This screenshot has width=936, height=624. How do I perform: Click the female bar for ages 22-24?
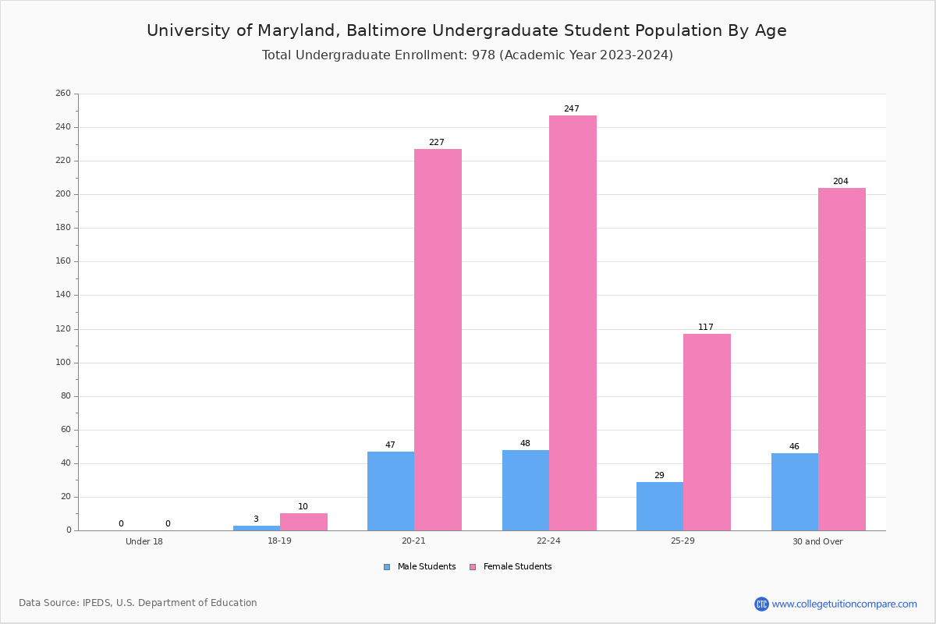click(573, 323)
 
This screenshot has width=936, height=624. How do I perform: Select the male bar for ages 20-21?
click(391, 491)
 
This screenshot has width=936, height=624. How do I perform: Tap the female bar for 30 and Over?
click(842, 359)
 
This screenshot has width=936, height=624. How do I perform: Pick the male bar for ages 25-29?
click(660, 506)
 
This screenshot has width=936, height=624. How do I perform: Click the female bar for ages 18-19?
click(303, 522)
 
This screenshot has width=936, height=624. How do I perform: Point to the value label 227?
click(437, 143)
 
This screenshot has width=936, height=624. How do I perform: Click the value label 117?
click(706, 328)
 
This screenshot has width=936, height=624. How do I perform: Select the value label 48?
click(525, 444)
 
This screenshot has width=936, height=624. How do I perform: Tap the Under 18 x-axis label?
click(144, 541)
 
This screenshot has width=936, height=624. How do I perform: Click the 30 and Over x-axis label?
click(817, 541)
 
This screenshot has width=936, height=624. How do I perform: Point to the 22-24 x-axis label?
click(548, 541)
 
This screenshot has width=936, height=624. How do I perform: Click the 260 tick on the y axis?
click(63, 94)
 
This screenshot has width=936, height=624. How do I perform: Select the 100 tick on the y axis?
click(63, 363)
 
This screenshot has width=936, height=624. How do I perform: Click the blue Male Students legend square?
click(387, 567)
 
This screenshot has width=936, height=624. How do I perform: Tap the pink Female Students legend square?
click(473, 567)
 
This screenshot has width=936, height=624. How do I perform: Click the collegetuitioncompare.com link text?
click(844, 604)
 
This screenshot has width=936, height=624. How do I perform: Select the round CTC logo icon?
click(761, 604)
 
